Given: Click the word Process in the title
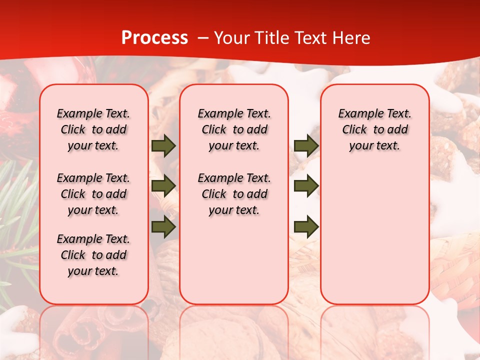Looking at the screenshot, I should click(x=154, y=37).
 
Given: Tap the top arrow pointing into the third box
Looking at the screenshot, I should click(x=306, y=146).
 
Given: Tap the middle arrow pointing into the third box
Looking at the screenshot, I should click(x=306, y=186).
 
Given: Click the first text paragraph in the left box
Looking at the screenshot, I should click(x=93, y=129).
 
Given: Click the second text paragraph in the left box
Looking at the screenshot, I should click(x=93, y=194).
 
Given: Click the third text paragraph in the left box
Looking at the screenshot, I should click(x=93, y=255).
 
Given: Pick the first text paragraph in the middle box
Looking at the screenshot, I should click(x=234, y=129).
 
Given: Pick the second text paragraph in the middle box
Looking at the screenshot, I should click(x=234, y=194).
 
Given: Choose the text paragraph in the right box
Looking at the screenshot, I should click(x=374, y=129).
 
